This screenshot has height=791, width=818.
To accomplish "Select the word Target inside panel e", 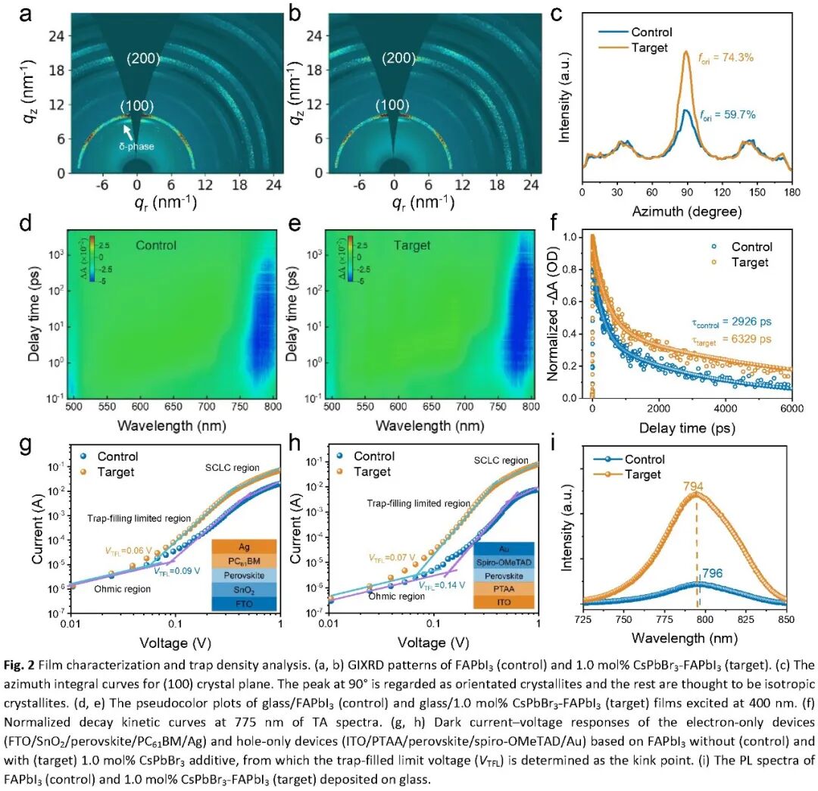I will click(412, 245).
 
